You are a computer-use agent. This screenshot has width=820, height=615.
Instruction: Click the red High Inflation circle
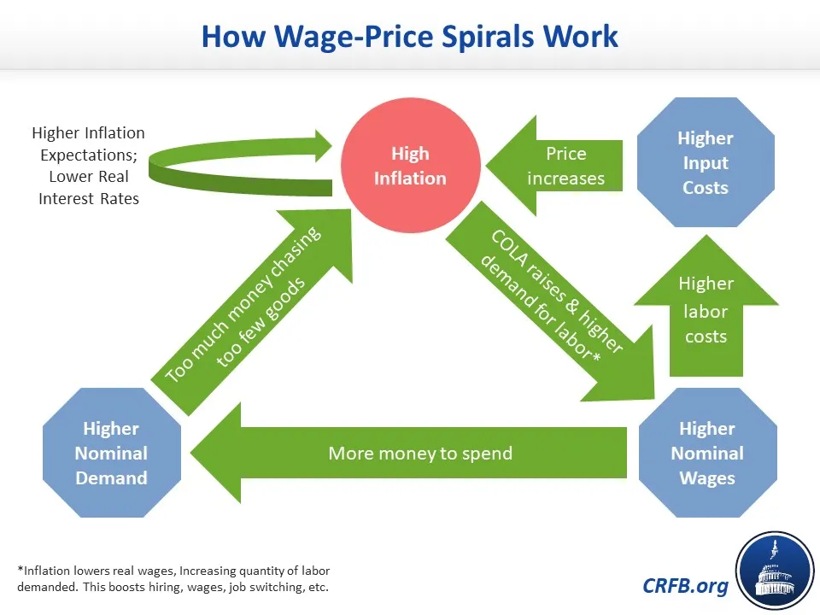(x=411, y=165)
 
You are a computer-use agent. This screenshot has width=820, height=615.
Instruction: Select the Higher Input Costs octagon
(x=706, y=162)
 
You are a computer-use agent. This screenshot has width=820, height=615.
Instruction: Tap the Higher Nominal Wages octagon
(x=707, y=453)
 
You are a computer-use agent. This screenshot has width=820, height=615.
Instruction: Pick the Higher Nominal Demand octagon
(x=111, y=453)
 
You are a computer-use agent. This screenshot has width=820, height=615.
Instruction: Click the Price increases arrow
(x=554, y=166)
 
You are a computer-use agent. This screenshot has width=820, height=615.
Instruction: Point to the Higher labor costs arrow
(x=706, y=306)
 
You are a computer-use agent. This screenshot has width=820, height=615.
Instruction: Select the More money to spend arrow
(x=408, y=453)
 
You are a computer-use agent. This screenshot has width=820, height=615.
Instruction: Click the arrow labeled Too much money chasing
(x=251, y=313)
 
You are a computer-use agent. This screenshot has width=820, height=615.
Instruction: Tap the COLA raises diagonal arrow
(x=550, y=302)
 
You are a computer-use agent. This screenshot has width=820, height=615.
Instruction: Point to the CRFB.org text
(x=685, y=586)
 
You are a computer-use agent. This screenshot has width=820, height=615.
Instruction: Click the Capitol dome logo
(x=775, y=571)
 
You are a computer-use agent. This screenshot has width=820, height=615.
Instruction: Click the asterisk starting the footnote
(x=20, y=569)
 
